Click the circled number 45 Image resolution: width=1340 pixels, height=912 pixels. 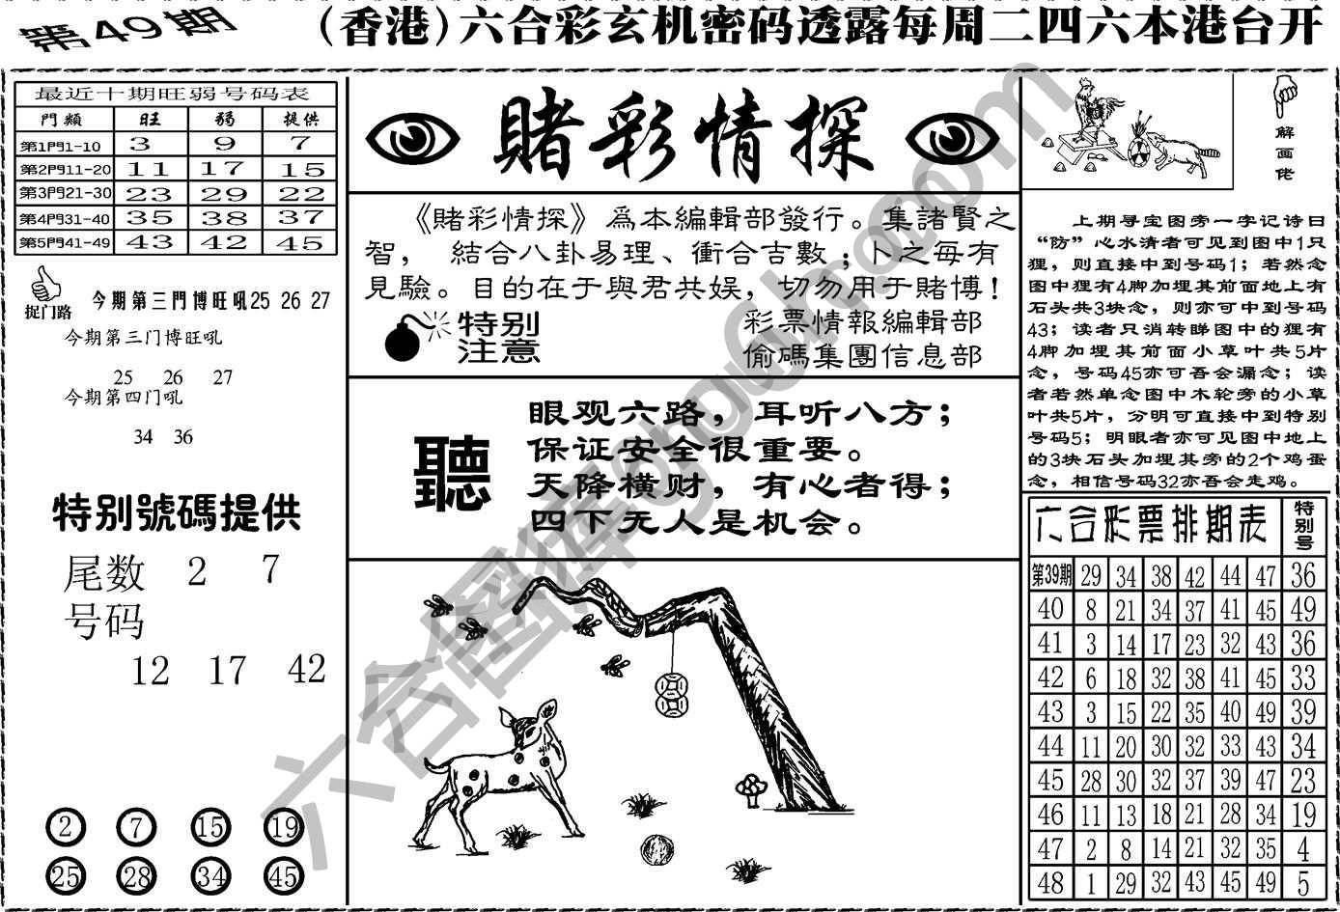(x=284, y=875)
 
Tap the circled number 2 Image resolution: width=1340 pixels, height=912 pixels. (x=66, y=827)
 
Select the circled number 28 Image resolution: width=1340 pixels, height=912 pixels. (x=136, y=875)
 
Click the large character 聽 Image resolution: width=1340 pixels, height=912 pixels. (x=451, y=472)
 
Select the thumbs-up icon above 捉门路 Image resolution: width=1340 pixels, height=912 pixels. (x=44, y=284)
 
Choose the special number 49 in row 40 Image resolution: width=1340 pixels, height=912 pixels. (x=1303, y=609)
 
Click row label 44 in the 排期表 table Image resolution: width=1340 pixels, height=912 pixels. (x=1049, y=745)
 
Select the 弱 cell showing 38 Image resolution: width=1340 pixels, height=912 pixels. (x=225, y=218)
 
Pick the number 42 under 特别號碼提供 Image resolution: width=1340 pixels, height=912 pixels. (x=307, y=669)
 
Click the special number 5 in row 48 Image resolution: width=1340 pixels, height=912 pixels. (x=1303, y=881)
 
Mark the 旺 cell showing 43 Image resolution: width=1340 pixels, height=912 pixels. (x=150, y=242)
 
